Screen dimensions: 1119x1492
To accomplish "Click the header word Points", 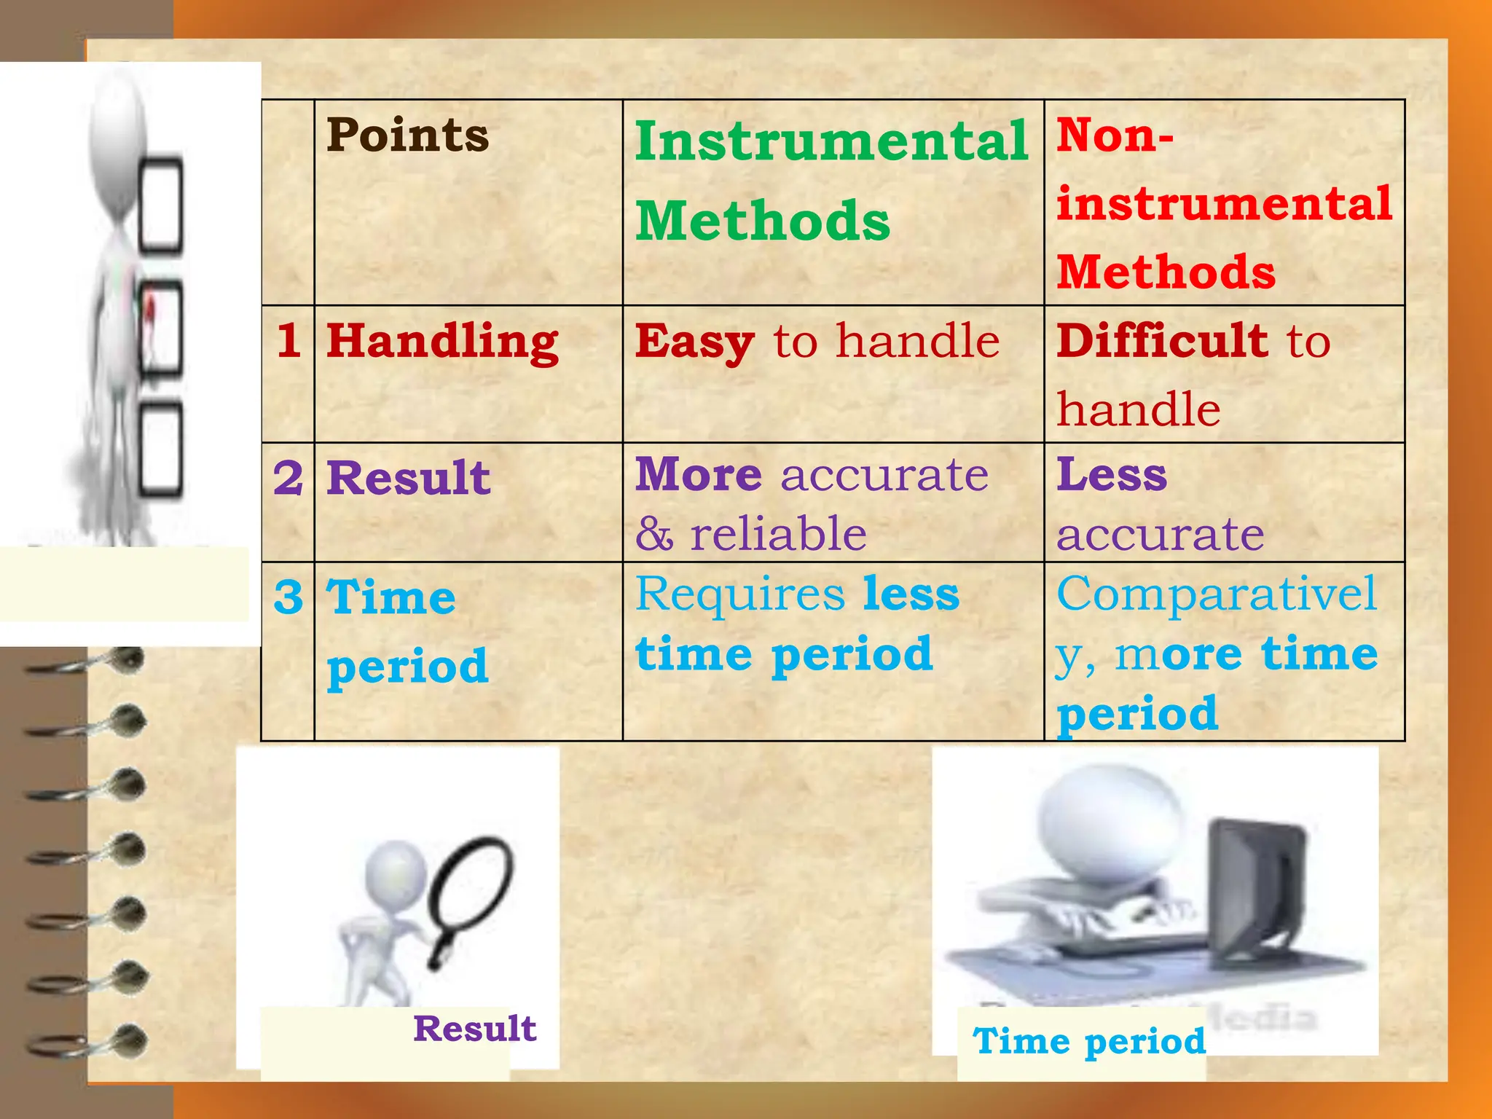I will pos(407,136).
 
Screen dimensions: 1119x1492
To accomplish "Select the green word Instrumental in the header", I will pos(831,141).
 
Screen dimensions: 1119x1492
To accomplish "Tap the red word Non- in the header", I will pos(1115,136).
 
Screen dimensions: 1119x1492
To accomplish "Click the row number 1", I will pos(288,340).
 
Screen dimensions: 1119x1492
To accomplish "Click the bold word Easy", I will pos(694,342).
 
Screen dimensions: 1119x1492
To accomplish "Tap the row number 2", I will pos(288,479).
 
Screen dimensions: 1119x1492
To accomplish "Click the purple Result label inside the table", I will pos(408,479).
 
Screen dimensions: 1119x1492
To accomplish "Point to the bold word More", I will pos(699,475).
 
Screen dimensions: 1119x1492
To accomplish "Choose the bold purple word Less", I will pos(1112,475).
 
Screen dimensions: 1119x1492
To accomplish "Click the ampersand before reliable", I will pos(653,534).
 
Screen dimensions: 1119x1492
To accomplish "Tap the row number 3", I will pos(288,597).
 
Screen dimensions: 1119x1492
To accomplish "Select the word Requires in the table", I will pos(740,594).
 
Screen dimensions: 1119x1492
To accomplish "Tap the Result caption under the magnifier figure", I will pos(474,1029).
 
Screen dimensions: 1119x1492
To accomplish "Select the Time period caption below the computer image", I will pos(1089,1041).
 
